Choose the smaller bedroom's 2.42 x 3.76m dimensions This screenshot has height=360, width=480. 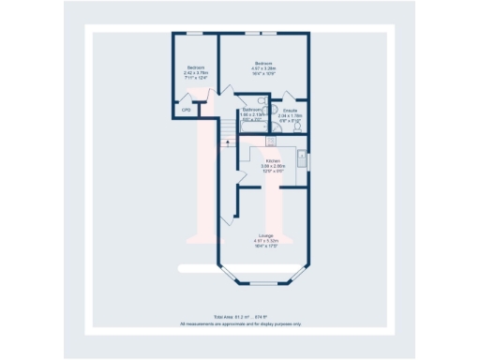pos(196,72)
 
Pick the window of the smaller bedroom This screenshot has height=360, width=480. pos(196,35)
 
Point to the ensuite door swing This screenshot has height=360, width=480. pos(289,97)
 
